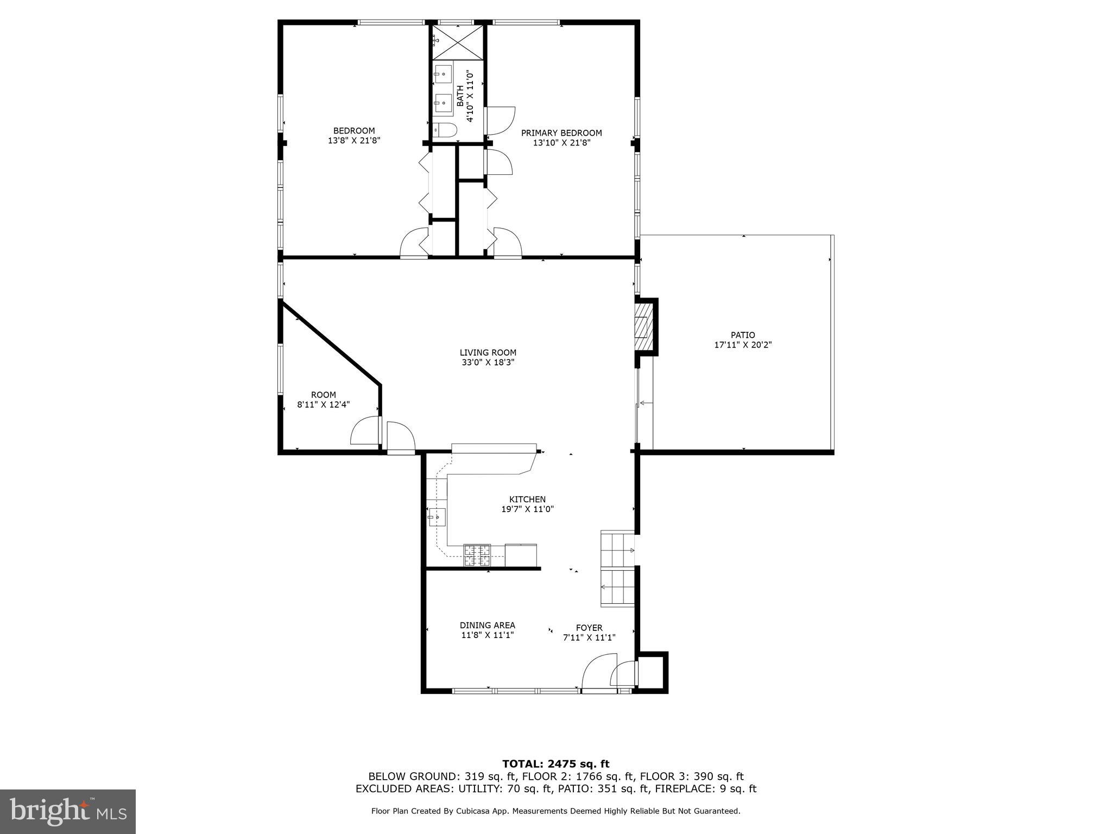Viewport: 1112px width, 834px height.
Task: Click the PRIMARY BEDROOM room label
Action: (561, 133)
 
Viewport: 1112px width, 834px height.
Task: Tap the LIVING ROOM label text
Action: (488, 353)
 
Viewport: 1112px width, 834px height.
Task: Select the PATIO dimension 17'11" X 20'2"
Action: (743, 345)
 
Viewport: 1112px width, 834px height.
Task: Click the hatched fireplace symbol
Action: (642, 327)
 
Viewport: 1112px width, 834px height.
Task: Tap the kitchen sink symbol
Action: (437, 517)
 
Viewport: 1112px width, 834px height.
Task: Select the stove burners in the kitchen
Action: (477, 555)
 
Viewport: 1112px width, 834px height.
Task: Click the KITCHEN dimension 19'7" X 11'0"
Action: (527, 509)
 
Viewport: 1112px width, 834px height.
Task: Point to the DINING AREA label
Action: (487, 625)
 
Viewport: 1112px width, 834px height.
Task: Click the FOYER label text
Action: (589, 628)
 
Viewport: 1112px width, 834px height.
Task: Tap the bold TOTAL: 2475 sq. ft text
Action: (555, 764)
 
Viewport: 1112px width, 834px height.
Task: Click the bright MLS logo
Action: (68, 811)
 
